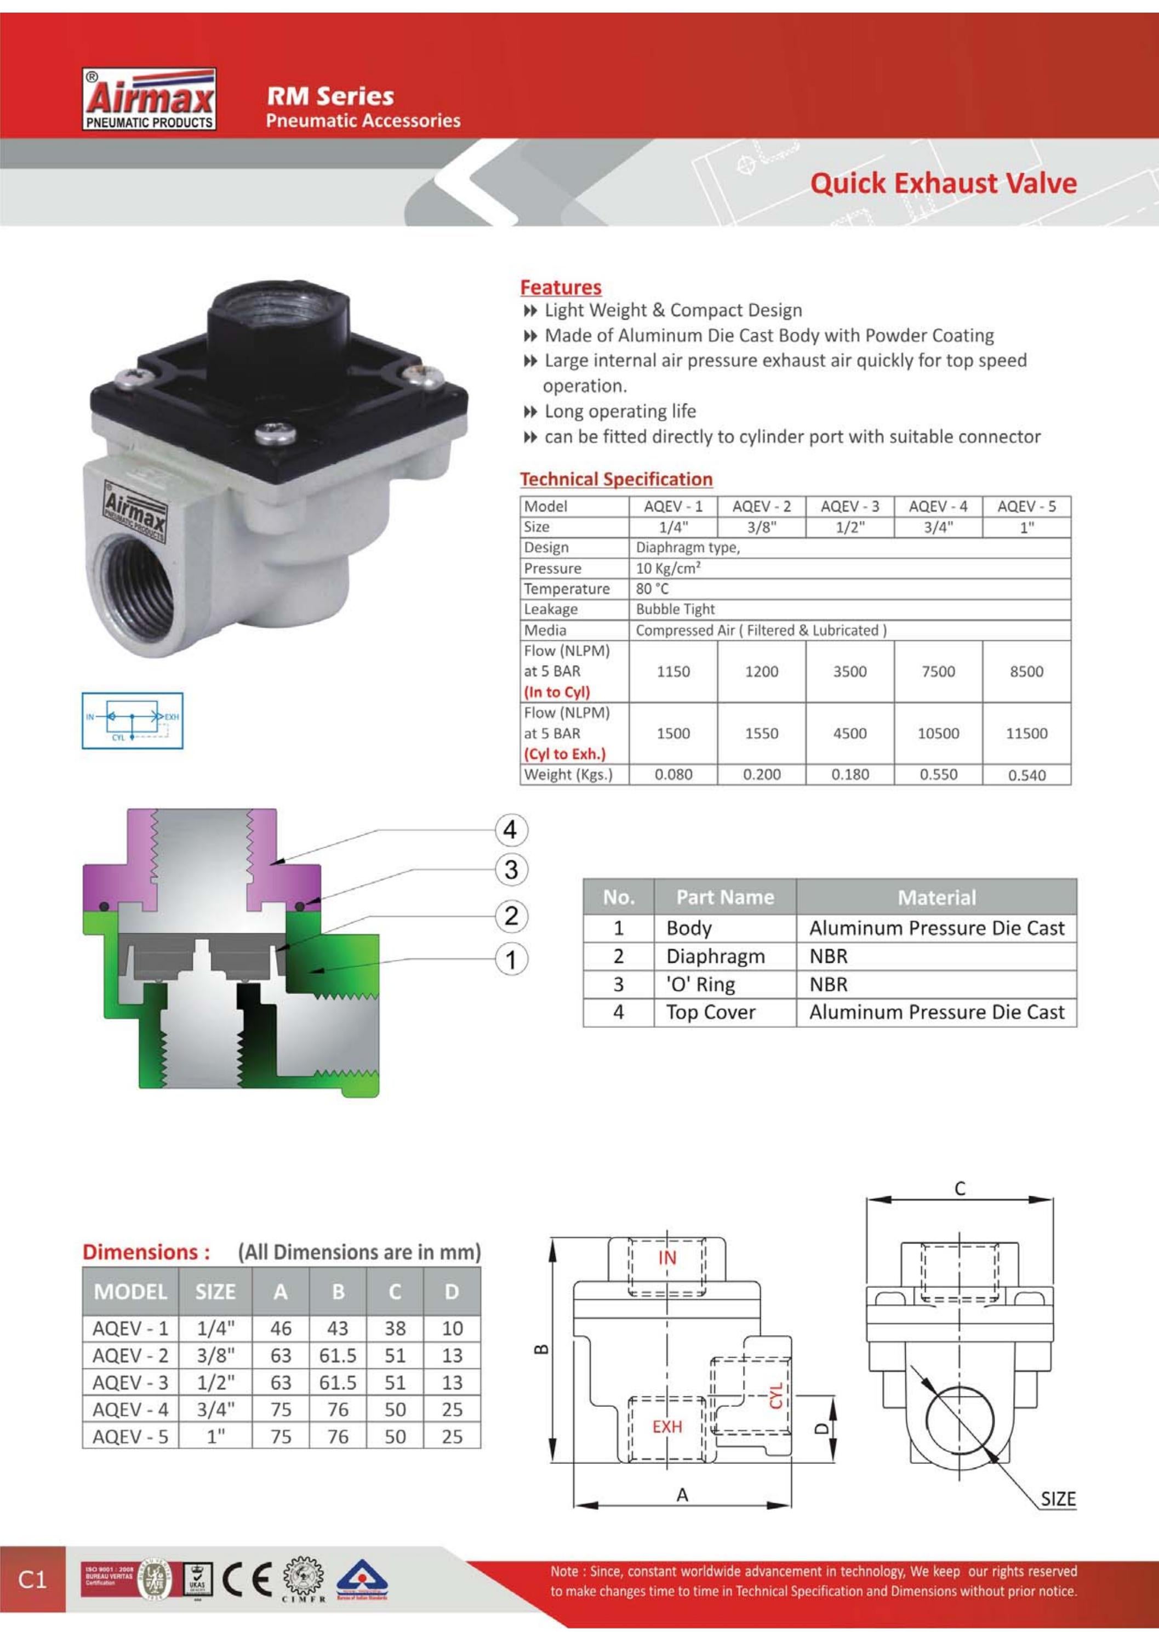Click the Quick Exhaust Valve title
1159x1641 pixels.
click(x=943, y=184)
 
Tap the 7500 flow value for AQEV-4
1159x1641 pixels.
click(x=938, y=671)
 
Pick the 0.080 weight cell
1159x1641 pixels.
click(x=673, y=774)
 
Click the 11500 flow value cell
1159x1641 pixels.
click(x=1026, y=733)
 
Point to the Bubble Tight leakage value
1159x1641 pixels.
click(x=675, y=609)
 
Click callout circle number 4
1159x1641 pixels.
click(x=510, y=830)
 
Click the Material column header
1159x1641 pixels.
click(x=936, y=897)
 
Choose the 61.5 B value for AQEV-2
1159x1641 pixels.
click(x=337, y=1355)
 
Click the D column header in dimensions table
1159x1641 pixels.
click(x=452, y=1292)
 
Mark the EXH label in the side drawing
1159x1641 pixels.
click(x=667, y=1426)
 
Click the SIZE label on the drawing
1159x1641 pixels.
click(x=1058, y=1499)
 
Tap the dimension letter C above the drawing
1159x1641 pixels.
click(x=960, y=1188)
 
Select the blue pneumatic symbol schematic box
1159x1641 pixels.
click(x=132, y=720)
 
